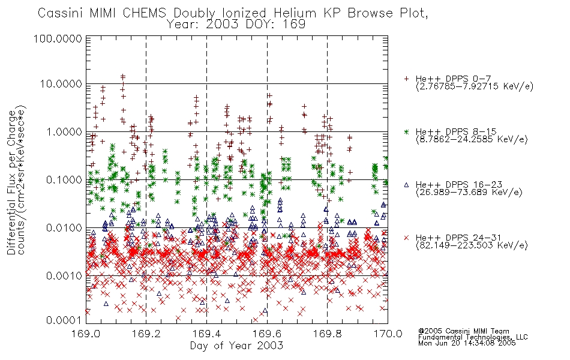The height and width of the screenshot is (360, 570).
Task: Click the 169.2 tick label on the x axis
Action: click(x=146, y=334)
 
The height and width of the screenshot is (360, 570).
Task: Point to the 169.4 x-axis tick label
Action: click(x=206, y=334)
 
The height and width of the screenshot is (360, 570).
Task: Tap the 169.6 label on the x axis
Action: click(x=267, y=334)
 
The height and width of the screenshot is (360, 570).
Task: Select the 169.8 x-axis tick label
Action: click(x=327, y=334)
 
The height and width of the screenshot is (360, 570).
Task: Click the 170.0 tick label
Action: click(x=388, y=334)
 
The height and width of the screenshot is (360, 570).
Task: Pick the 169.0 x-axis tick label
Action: click(x=86, y=334)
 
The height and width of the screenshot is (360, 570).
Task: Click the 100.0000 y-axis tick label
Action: click(x=58, y=38)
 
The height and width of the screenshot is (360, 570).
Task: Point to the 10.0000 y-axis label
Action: click(x=61, y=84)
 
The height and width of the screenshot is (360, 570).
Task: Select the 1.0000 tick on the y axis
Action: click(x=64, y=131)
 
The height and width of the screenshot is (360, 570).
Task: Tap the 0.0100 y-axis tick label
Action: click(x=64, y=228)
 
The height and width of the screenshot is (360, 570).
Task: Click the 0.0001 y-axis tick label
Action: click(x=64, y=320)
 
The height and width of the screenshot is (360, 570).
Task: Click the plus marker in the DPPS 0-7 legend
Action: click(x=406, y=79)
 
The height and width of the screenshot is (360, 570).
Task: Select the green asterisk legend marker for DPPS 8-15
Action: click(x=406, y=131)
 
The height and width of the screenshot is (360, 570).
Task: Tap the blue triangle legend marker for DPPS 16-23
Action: click(x=406, y=185)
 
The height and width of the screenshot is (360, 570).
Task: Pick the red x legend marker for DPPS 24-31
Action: click(x=406, y=238)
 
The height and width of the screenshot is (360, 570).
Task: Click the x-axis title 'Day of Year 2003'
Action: click(x=236, y=346)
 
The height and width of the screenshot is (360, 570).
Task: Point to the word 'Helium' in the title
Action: click(x=295, y=13)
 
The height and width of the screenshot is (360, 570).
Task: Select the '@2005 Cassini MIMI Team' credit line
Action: click(x=463, y=331)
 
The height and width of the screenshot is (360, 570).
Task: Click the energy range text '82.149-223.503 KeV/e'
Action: click(x=472, y=245)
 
